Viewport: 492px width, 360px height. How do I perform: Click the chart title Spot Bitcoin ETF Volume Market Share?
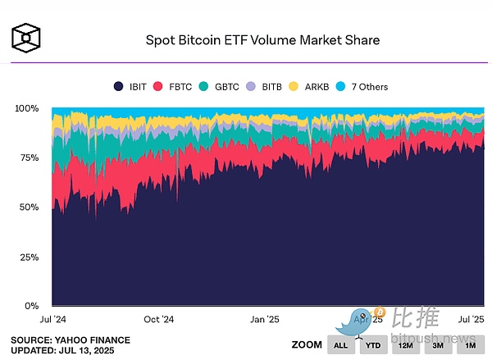tap(263, 39)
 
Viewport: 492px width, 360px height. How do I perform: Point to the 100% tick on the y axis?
tap(27, 108)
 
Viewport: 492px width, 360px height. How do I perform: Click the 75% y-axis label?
tap(30, 157)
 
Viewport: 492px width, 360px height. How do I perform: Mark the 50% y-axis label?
tap(30, 207)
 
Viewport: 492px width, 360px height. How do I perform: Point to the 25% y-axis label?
tap(30, 257)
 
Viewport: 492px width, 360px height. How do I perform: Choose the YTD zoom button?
tap(373, 345)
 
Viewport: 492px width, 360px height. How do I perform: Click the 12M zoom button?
tap(405, 345)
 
